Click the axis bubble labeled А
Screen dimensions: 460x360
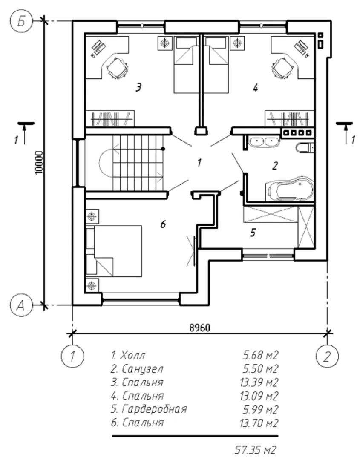pos(20,305)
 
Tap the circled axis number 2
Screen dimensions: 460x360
pos(327,355)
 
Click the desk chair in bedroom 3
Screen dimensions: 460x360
pos(116,67)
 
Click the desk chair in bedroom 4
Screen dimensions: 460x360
pos(283,67)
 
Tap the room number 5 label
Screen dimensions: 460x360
pos(253,233)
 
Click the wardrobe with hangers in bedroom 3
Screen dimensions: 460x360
pos(110,118)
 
